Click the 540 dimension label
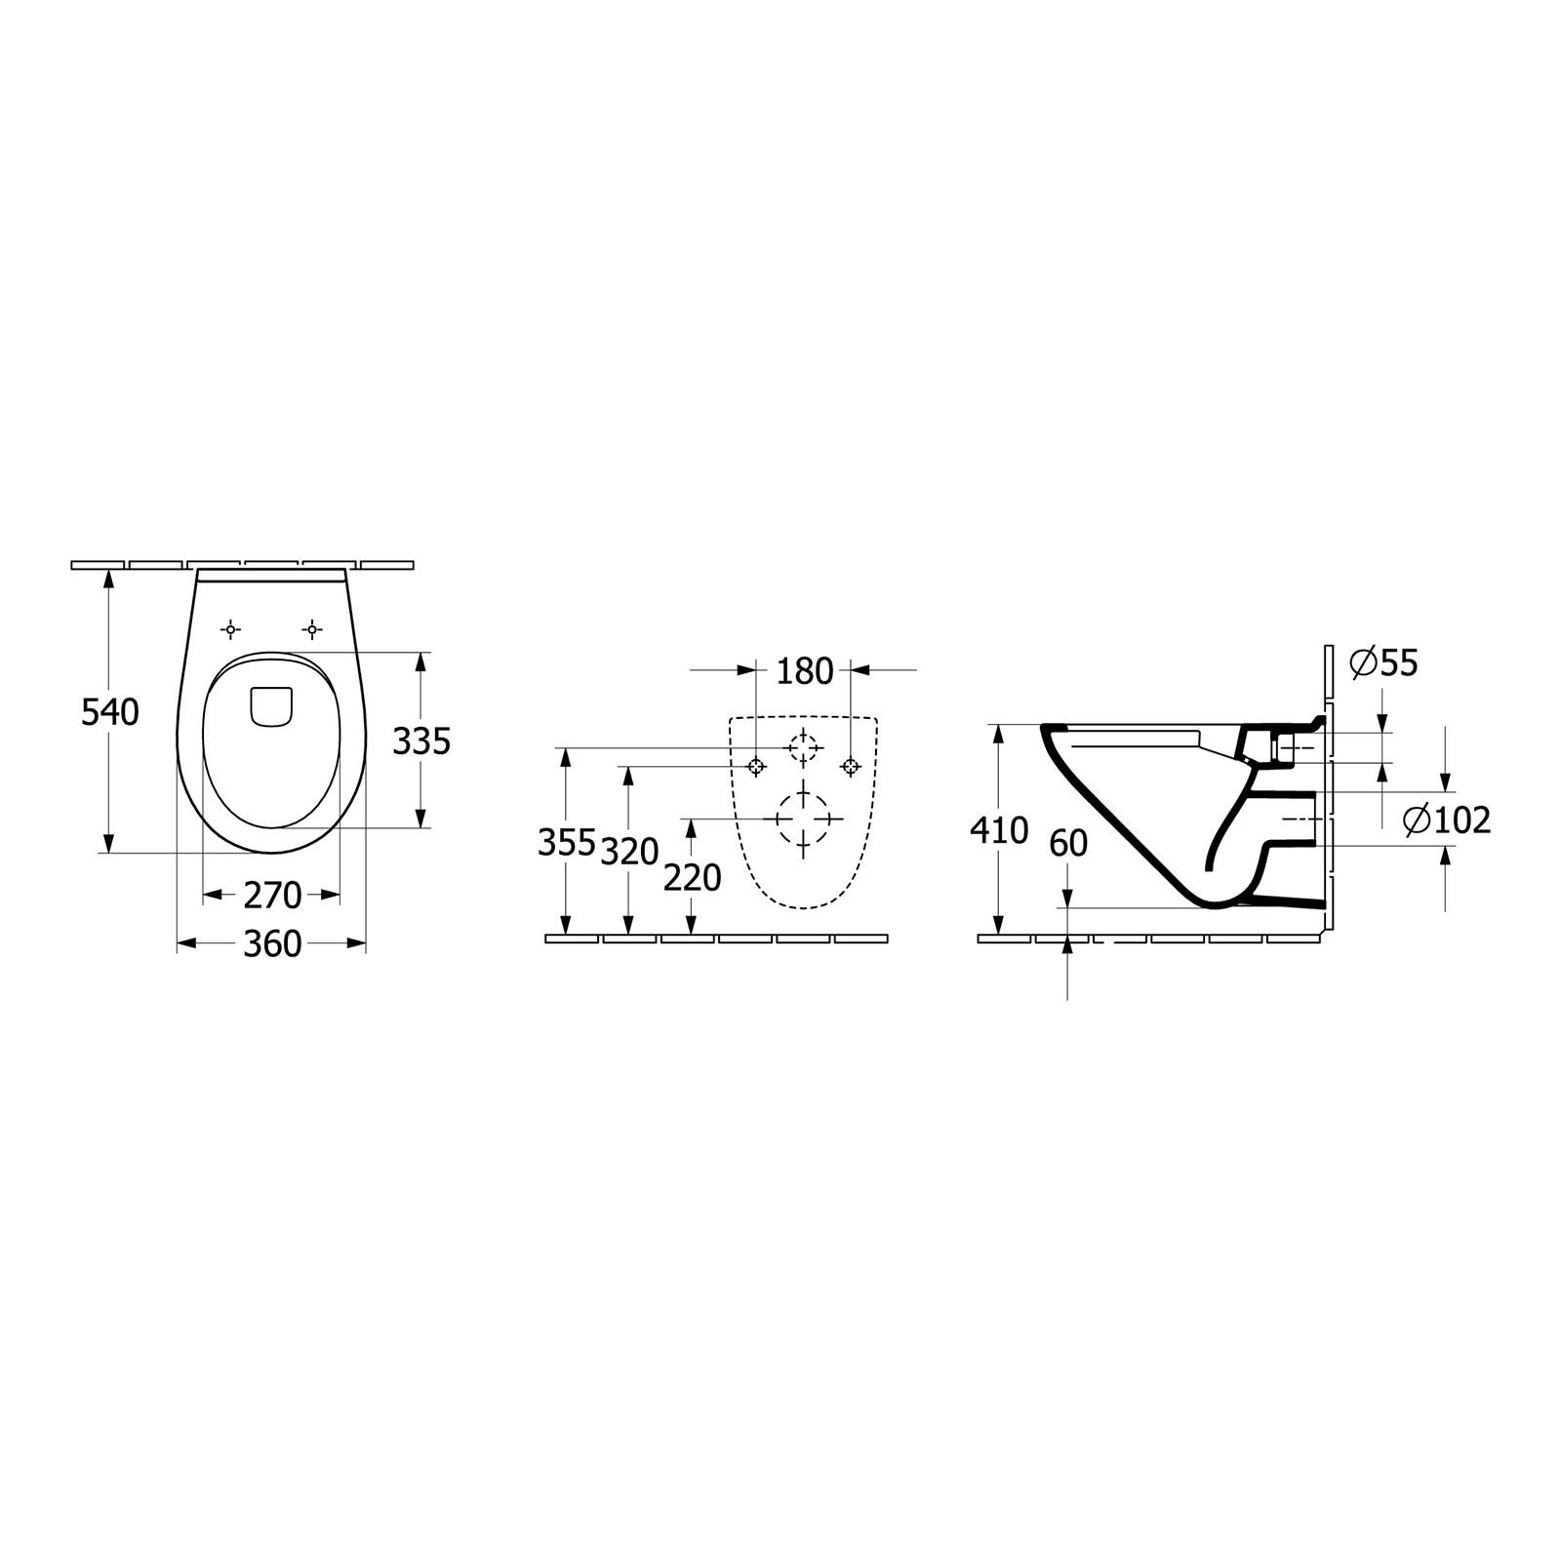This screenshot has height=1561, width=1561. click(110, 713)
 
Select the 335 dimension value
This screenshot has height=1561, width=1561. click(421, 742)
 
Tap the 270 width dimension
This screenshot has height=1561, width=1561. click(272, 895)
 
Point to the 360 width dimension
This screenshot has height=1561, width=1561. click(272, 943)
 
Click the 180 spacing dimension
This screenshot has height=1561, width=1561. click(806, 671)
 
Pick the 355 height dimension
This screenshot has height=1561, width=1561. click(567, 843)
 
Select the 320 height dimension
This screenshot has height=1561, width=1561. click(630, 853)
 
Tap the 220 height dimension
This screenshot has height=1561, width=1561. click(692, 878)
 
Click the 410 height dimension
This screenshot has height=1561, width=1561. click(1000, 830)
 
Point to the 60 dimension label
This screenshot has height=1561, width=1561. click(1068, 843)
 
